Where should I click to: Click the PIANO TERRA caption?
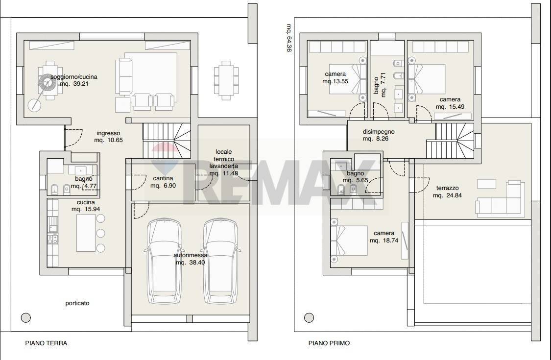coord(46,343)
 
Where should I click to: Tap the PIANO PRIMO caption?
coord(329,343)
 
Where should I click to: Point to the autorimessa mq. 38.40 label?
coord(191,259)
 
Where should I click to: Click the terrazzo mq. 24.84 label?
coord(447,192)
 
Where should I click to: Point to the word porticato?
coord(77,303)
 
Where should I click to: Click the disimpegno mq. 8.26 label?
coord(378,135)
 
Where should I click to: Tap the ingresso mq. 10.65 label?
coord(108,136)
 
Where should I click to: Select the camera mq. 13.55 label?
coord(335,78)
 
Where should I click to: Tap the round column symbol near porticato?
coord(26,317)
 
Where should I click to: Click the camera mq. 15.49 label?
coord(450,103)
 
